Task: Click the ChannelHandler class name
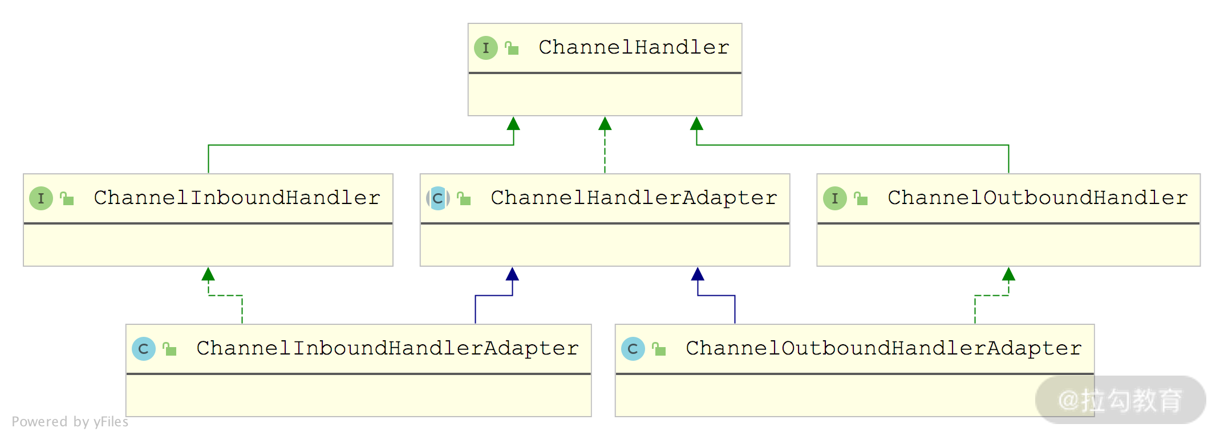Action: (634, 47)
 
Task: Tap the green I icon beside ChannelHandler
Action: (486, 48)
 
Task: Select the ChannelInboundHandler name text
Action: (237, 198)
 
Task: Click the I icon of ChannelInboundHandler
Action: (41, 198)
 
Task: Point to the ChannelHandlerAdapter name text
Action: (634, 198)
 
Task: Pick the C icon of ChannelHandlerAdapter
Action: (438, 198)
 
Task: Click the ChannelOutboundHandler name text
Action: (1037, 198)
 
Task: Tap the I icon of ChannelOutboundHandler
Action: (835, 198)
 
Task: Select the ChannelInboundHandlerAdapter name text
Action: (387, 348)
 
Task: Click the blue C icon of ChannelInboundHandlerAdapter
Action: (144, 349)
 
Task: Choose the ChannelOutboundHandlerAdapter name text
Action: (883, 348)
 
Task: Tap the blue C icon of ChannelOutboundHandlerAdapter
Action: (633, 349)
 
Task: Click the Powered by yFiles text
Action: (70, 422)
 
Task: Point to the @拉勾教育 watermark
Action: (1120, 400)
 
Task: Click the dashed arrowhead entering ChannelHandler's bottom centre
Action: (605, 124)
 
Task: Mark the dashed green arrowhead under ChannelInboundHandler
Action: (208, 274)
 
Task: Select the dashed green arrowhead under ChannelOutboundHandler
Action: (1008, 274)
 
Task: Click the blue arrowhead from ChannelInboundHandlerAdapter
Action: (512, 274)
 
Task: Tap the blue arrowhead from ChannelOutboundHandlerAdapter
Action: (698, 274)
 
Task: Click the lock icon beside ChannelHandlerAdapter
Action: (464, 198)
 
